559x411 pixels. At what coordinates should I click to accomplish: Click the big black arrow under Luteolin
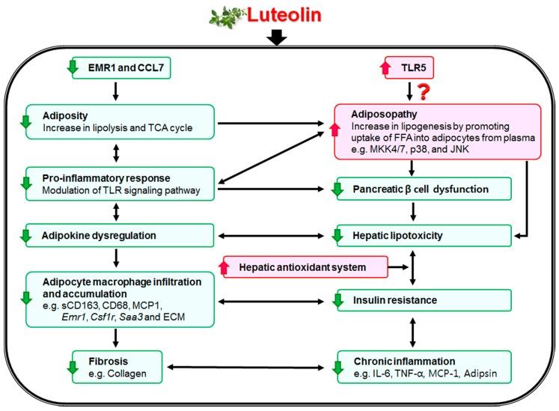[x=277, y=36]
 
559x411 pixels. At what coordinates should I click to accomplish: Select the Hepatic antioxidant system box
[x=302, y=266]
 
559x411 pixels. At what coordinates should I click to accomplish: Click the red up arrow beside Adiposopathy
[x=343, y=132]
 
